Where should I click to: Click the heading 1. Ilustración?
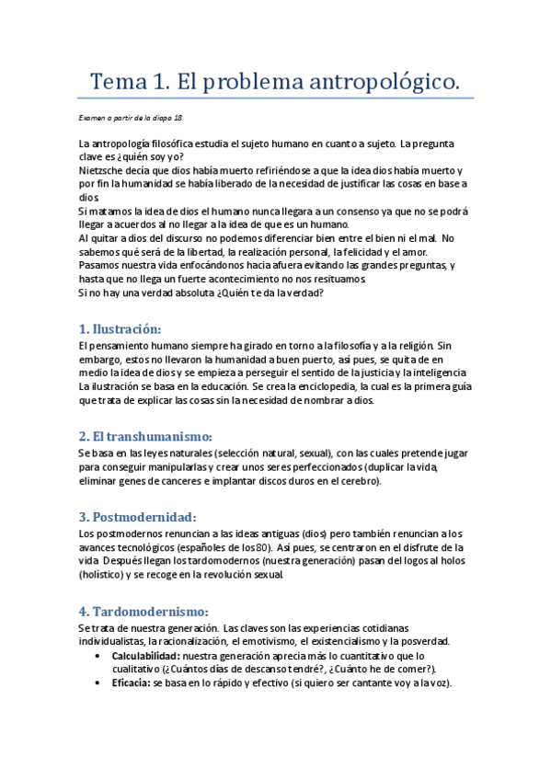tap(120, 327)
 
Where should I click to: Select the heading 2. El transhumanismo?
tap(145, 435)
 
